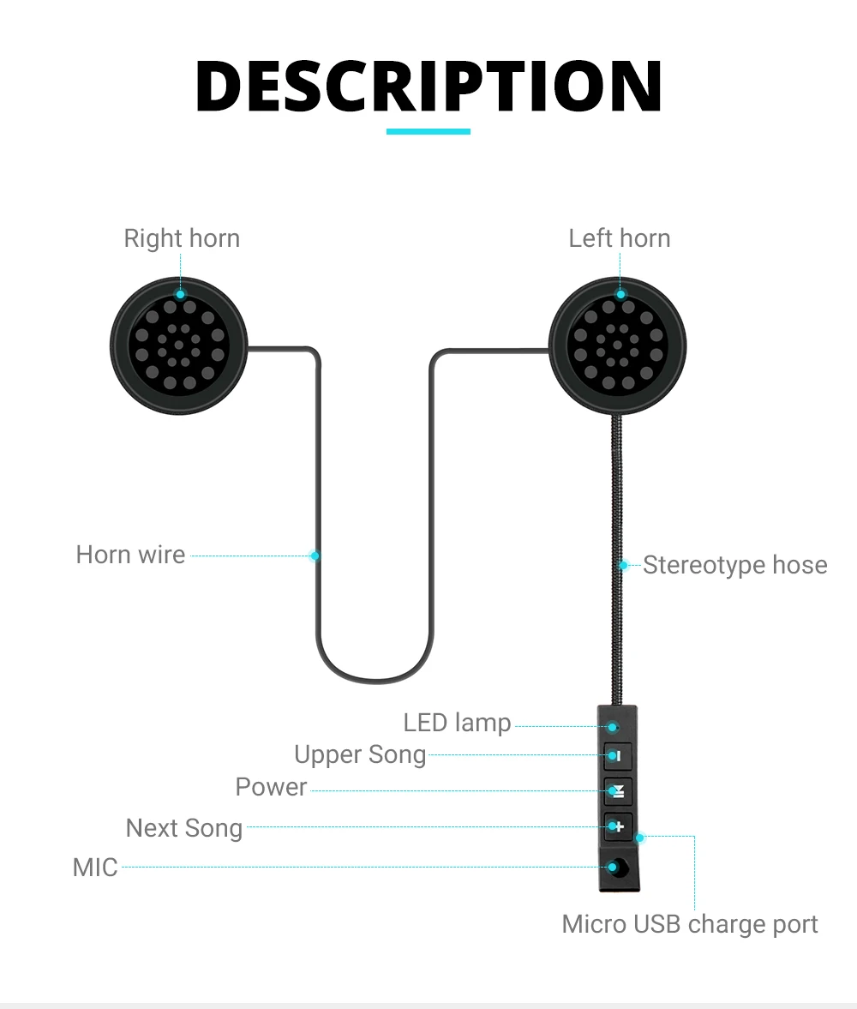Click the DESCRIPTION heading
point(428,87)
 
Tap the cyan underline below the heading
point(428,131)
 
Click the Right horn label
point(182,238)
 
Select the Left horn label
point(620,238)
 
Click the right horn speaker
point(179,345)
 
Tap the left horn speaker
point(618,345)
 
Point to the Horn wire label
point(130,555)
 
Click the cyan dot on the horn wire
point(315,556)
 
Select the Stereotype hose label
point(735,565)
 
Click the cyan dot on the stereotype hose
point(624,565)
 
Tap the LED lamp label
point(457,723)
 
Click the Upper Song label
point(360,754)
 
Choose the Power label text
point(271,787)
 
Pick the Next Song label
point(184,828)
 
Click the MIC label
point(95,867)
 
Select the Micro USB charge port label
point(690,924)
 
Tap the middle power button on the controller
point(617,790)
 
